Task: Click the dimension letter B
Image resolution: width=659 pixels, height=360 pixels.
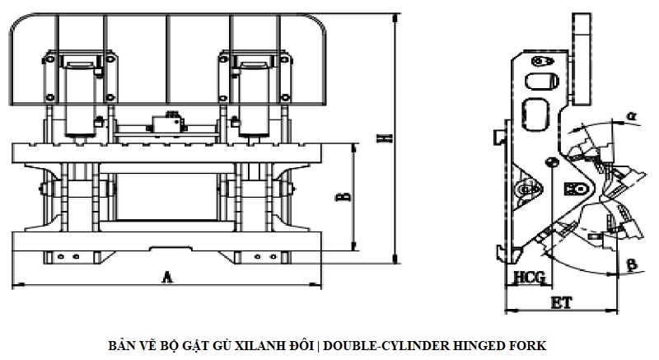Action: tap(345, 197)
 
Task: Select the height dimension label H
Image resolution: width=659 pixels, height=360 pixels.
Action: tap(384, 138)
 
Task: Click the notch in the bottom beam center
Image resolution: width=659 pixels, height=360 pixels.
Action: tap(166, 247)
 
